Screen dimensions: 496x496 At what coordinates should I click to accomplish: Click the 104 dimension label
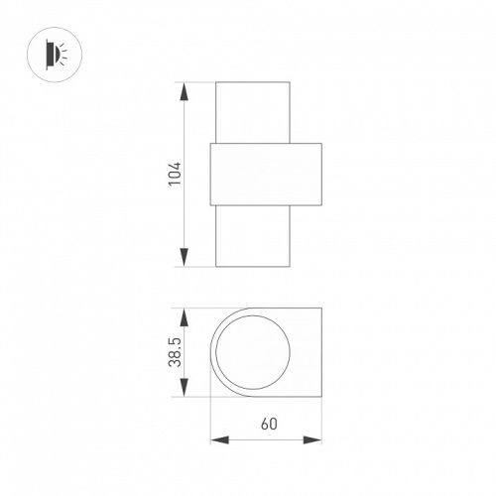176,174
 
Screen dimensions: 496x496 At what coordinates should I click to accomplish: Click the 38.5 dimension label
176,352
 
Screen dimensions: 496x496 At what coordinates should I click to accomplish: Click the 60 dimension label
269,424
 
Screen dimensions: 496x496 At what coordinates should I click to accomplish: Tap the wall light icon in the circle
57,55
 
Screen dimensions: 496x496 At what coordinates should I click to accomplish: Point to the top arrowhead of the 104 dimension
185,91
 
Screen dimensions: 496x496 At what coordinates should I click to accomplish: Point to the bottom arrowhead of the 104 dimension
185,257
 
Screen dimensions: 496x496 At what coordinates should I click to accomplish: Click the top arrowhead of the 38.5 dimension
185,317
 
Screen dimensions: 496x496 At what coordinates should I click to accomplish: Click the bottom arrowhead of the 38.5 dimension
185,388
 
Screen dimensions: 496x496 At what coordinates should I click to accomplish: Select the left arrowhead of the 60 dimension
220,440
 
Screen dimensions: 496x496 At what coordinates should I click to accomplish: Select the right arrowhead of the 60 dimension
312,440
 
